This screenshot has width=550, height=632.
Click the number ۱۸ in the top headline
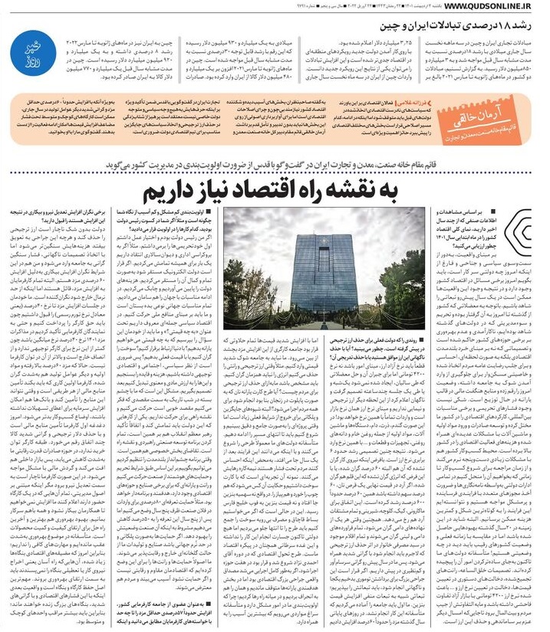[x=505, y=28]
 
